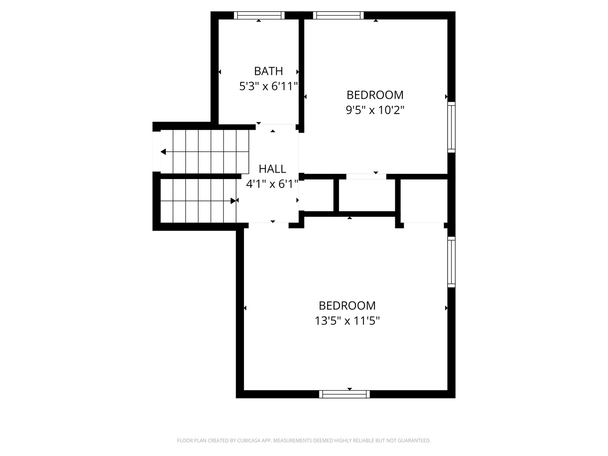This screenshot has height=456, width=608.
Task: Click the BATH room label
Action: [x=268, y=71]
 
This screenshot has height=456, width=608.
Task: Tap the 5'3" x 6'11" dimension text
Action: [x=268, y=87]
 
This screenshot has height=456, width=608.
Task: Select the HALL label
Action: [x=272, y=169]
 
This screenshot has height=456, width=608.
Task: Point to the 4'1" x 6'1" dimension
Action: [x=272, y=184]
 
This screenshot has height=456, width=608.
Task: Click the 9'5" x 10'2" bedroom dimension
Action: [x=375, y=110]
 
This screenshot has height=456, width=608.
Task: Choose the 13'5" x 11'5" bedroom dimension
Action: [x=347, y=321]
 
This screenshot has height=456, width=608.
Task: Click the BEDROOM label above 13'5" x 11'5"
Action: [x=347, y=306]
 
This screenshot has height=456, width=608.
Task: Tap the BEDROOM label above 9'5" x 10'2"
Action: [x=375, y=95]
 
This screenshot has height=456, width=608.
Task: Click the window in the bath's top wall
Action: [x=259, y=15]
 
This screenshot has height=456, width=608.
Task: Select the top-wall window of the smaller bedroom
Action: [x=338, y=15]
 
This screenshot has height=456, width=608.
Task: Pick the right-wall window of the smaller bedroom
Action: [x=451, y=127]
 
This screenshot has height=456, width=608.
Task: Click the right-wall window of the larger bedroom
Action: [x=451, y=262]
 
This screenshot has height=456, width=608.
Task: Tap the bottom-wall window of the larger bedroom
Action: [x=344, y=394]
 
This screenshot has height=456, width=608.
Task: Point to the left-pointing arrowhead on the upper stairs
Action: [x=163, y=152]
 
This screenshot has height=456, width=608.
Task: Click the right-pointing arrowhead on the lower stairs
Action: [x=233, y=201]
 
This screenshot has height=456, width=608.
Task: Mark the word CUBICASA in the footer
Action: [x=248, y=440]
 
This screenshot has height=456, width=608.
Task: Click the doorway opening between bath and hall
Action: [x=276, y=127]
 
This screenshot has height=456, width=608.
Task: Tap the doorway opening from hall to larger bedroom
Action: [x=269, y=225]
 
